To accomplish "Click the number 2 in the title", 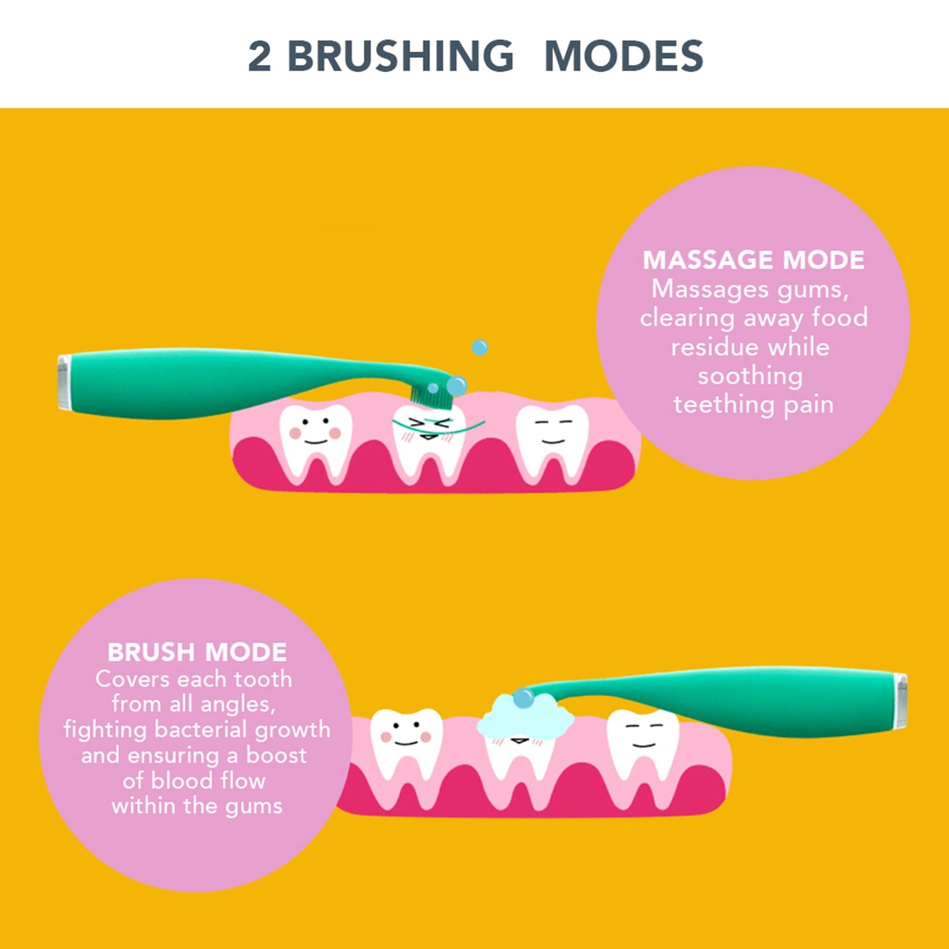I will pyautogui.click(x=260, y=56).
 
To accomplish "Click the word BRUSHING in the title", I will pyautogui.click(x=400, y=56).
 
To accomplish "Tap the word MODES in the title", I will pyautogui.click(x=623, y=56).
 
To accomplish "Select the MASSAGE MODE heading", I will pyautogui.click(x=753, y=260).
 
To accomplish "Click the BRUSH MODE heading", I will pyautogui.click(x=197, y=652).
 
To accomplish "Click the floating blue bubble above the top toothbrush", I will pyautogui.click(x=480, y=347).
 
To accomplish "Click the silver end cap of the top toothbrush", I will pyautogui.click(x=64, y=383).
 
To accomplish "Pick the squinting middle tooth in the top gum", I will pyautogui.click(x=429, y=443).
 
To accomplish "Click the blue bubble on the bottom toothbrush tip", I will pyautogui.click(x=523, y=698).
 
